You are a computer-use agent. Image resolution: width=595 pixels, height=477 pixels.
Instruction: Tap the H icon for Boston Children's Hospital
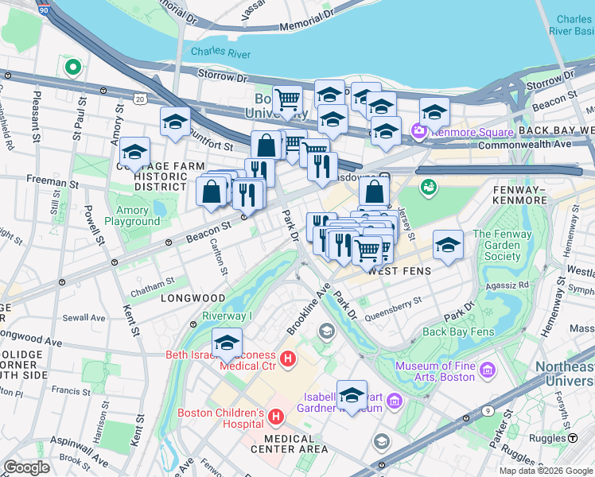click(x=276, y=417)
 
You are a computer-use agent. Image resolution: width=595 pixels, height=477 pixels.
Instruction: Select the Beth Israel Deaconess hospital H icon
click(x=288, y=359)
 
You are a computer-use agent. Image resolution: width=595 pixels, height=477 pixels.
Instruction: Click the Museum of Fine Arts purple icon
click(x=487, y=370)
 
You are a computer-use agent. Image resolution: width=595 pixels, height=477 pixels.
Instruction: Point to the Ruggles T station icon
click(x=573, y=438)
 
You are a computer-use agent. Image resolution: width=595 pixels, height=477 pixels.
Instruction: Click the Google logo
click(x=26, y=467)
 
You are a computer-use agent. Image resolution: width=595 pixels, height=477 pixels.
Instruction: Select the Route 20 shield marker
click(x=140, y=99)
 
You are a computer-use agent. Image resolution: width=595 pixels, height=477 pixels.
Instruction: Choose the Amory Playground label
click(x=133, y=215)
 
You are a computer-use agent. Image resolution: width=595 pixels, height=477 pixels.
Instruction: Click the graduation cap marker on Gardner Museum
click(x=352, y=394)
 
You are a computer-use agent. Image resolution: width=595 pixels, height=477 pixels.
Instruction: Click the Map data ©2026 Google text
click(x=546, y=471)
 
